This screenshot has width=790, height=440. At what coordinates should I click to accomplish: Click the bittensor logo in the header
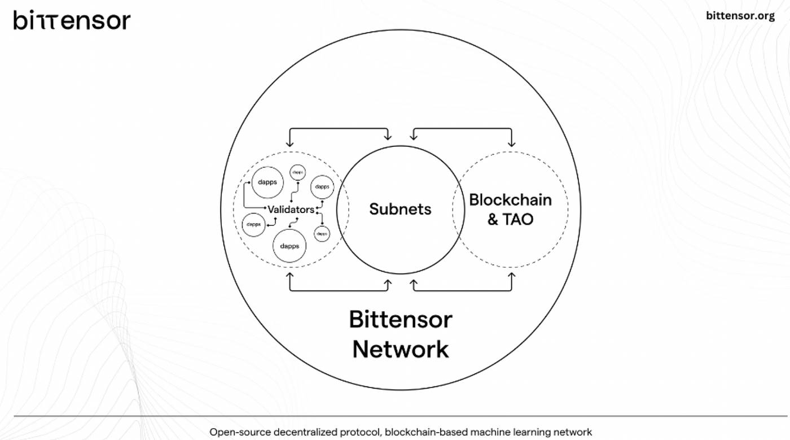[x=72, y=21]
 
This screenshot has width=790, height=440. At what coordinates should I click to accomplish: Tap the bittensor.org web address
[x=740, y=16]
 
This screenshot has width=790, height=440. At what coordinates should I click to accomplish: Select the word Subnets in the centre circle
[x=400, y=209]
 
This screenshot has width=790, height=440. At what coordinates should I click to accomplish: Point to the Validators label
[x=291, y=210]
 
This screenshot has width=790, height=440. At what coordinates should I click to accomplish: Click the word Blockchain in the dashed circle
[x=510, y=199]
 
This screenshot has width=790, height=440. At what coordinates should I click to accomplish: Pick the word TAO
[x=518, y=219]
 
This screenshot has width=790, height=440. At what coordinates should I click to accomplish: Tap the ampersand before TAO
[x=493, y=219]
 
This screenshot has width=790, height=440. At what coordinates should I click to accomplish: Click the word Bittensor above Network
[x=400, y=320]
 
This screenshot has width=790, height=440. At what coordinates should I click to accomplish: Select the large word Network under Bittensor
[x=400, y=349]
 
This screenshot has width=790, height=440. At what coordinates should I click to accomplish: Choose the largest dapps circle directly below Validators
[x=289, y=246]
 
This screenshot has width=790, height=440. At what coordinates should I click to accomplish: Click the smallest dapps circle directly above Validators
[x=297, y=171]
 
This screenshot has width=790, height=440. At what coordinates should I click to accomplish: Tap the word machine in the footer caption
[x=490, y=432]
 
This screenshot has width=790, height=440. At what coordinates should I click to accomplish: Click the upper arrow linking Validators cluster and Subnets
[x=339, y=129]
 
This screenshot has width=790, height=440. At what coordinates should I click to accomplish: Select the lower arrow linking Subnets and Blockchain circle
[x=463, y=290]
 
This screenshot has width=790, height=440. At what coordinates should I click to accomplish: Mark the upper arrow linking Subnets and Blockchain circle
[x=463, y=129]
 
